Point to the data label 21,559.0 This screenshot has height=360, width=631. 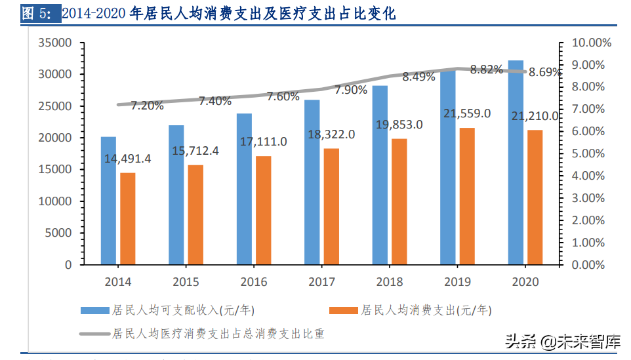click(x=466, y=113)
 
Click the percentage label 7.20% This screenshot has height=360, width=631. click(x=147, y=105)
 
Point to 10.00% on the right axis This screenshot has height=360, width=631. click(x=592, y=43)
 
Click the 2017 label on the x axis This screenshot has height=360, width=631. click(x=321, y=282)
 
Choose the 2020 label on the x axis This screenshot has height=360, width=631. click(x=524, y=282)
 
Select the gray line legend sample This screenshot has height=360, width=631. click(x=94, y=334)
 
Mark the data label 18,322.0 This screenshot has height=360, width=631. click(x=331, y=134)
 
